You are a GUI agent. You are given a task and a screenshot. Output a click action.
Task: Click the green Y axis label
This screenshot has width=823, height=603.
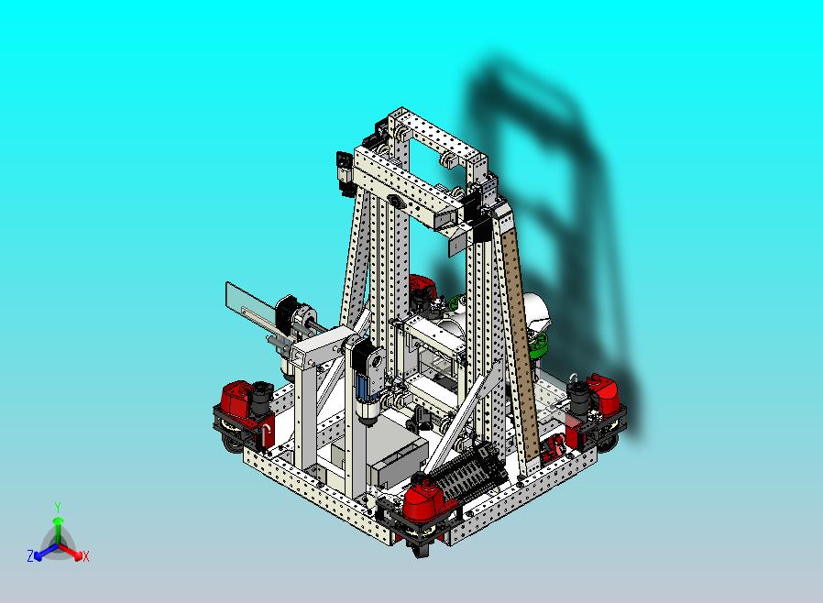[x=58, y=507]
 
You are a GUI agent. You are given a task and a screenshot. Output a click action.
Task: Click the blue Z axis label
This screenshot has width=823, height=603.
[x=30, y=555]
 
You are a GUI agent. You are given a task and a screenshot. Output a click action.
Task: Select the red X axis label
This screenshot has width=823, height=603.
[x=85, y=556]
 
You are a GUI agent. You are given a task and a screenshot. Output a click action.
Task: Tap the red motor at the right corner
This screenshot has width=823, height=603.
[x=606, y=393]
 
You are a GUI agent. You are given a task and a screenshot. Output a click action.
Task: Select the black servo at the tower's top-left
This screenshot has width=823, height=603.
[x=344, y=172]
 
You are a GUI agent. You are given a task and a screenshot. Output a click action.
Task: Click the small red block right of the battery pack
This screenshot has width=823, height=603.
[x=553, y=450]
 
